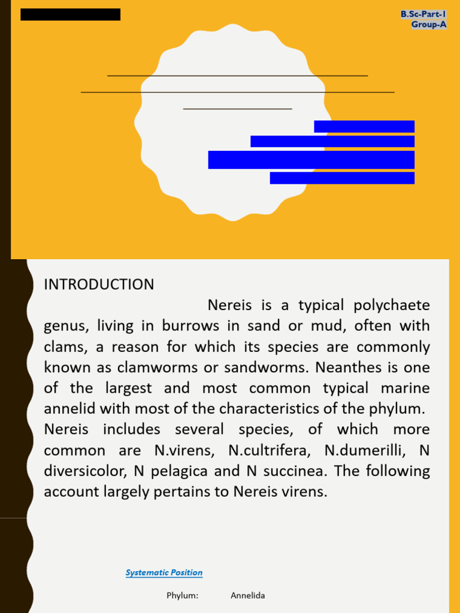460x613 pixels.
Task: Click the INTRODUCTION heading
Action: click(99, 284)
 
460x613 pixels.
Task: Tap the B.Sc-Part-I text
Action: click(423, 14)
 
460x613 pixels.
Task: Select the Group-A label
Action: click(429, 25)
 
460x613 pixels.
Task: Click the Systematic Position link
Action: click(164, 573)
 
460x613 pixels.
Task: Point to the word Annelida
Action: click(247, 596)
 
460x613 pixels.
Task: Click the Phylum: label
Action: click(182, 596)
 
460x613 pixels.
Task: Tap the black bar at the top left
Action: click(70, 14)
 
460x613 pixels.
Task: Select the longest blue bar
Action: click(311, 160)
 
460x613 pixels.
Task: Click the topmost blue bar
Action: click(364, 126)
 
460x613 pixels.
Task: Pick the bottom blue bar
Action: click(341, 178)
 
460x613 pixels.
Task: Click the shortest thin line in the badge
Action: click(237, 109)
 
